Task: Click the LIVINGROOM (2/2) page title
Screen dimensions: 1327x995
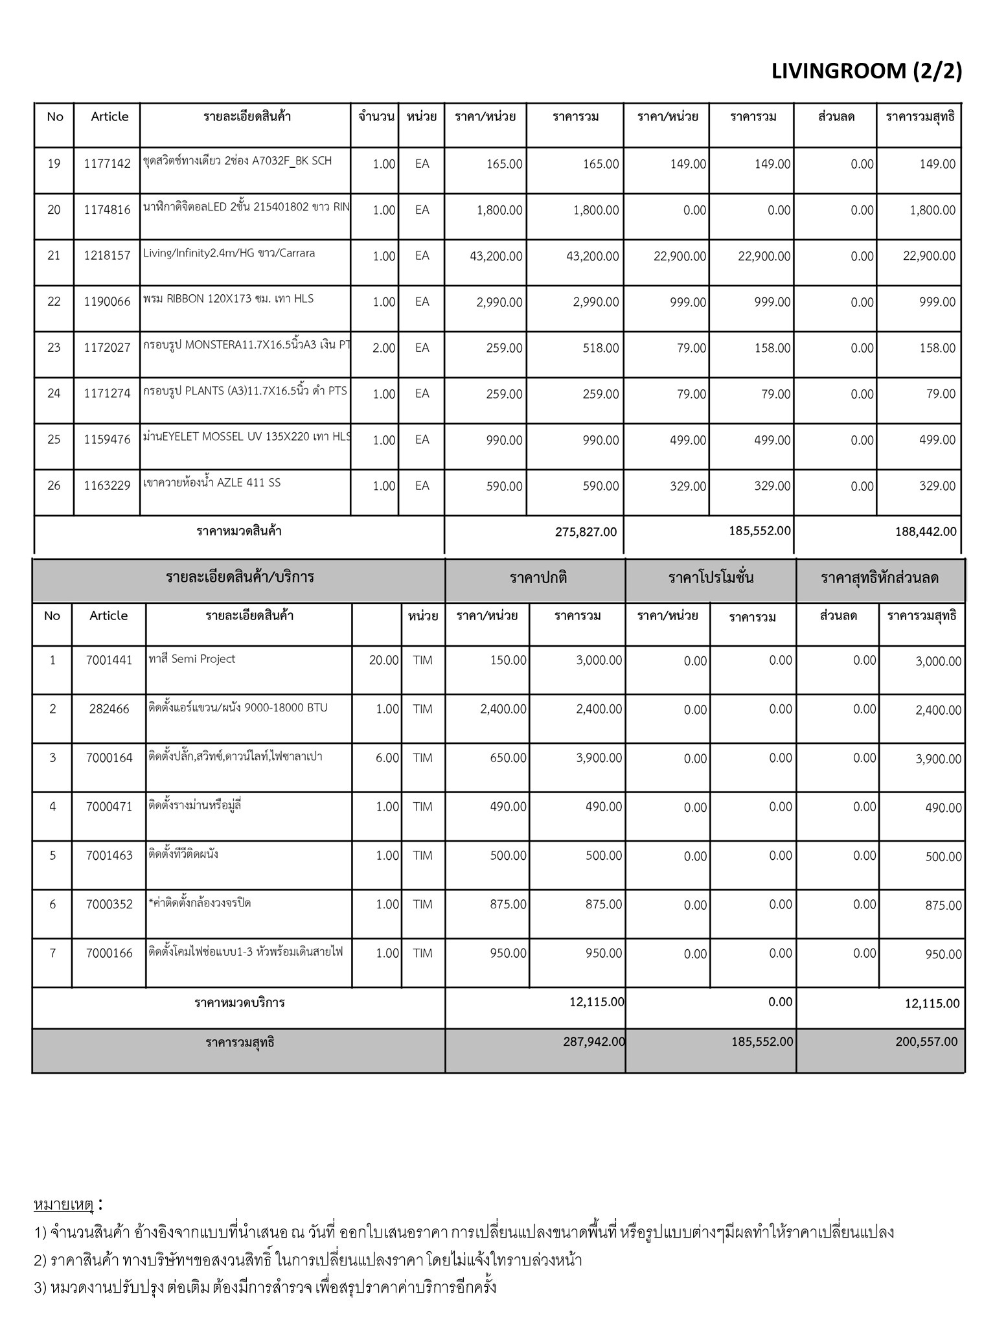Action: click(x=866, y=71)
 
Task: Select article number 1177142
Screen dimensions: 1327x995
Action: click(x=107, y=164)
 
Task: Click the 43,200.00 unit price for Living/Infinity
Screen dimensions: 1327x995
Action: click(x=496, y=256)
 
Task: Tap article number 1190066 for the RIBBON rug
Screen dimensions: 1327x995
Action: click(x=107, y=302)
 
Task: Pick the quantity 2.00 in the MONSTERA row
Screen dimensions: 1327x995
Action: click(x=383, y=348)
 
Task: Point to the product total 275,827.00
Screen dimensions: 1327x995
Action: click(x=586, y=532)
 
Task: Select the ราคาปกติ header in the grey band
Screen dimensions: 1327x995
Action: click(x=538, y=578)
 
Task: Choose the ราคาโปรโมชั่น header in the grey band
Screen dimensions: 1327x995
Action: click(x=711, y=578)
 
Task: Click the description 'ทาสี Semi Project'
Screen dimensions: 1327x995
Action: click(x=192, y=659)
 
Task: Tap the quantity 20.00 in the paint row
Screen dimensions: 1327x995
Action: click(x=383, y=661)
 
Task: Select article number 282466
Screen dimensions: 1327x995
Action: click(x=109, y=710)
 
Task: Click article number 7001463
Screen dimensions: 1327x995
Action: click(x=109, y=856)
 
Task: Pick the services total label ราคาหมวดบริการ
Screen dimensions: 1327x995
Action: click(x=240, y=1003)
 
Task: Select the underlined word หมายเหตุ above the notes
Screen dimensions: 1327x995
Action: click(x=63, y=1205)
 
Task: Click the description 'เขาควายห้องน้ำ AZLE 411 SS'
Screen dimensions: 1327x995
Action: click(x=212, y=483)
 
